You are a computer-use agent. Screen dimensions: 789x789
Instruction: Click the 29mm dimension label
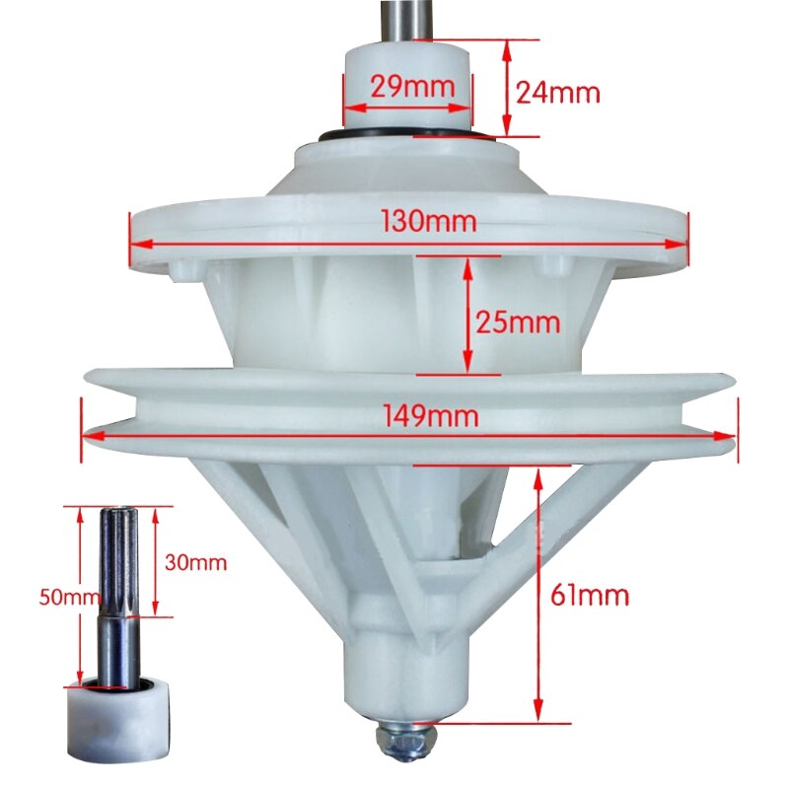(x=412, y=86)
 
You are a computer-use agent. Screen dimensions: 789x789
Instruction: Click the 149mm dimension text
(x=432, y=416)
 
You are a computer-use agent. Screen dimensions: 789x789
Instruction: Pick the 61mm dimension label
(x=591, y=596)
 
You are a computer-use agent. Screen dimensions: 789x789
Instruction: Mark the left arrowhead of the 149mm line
(x=84, y=433)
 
